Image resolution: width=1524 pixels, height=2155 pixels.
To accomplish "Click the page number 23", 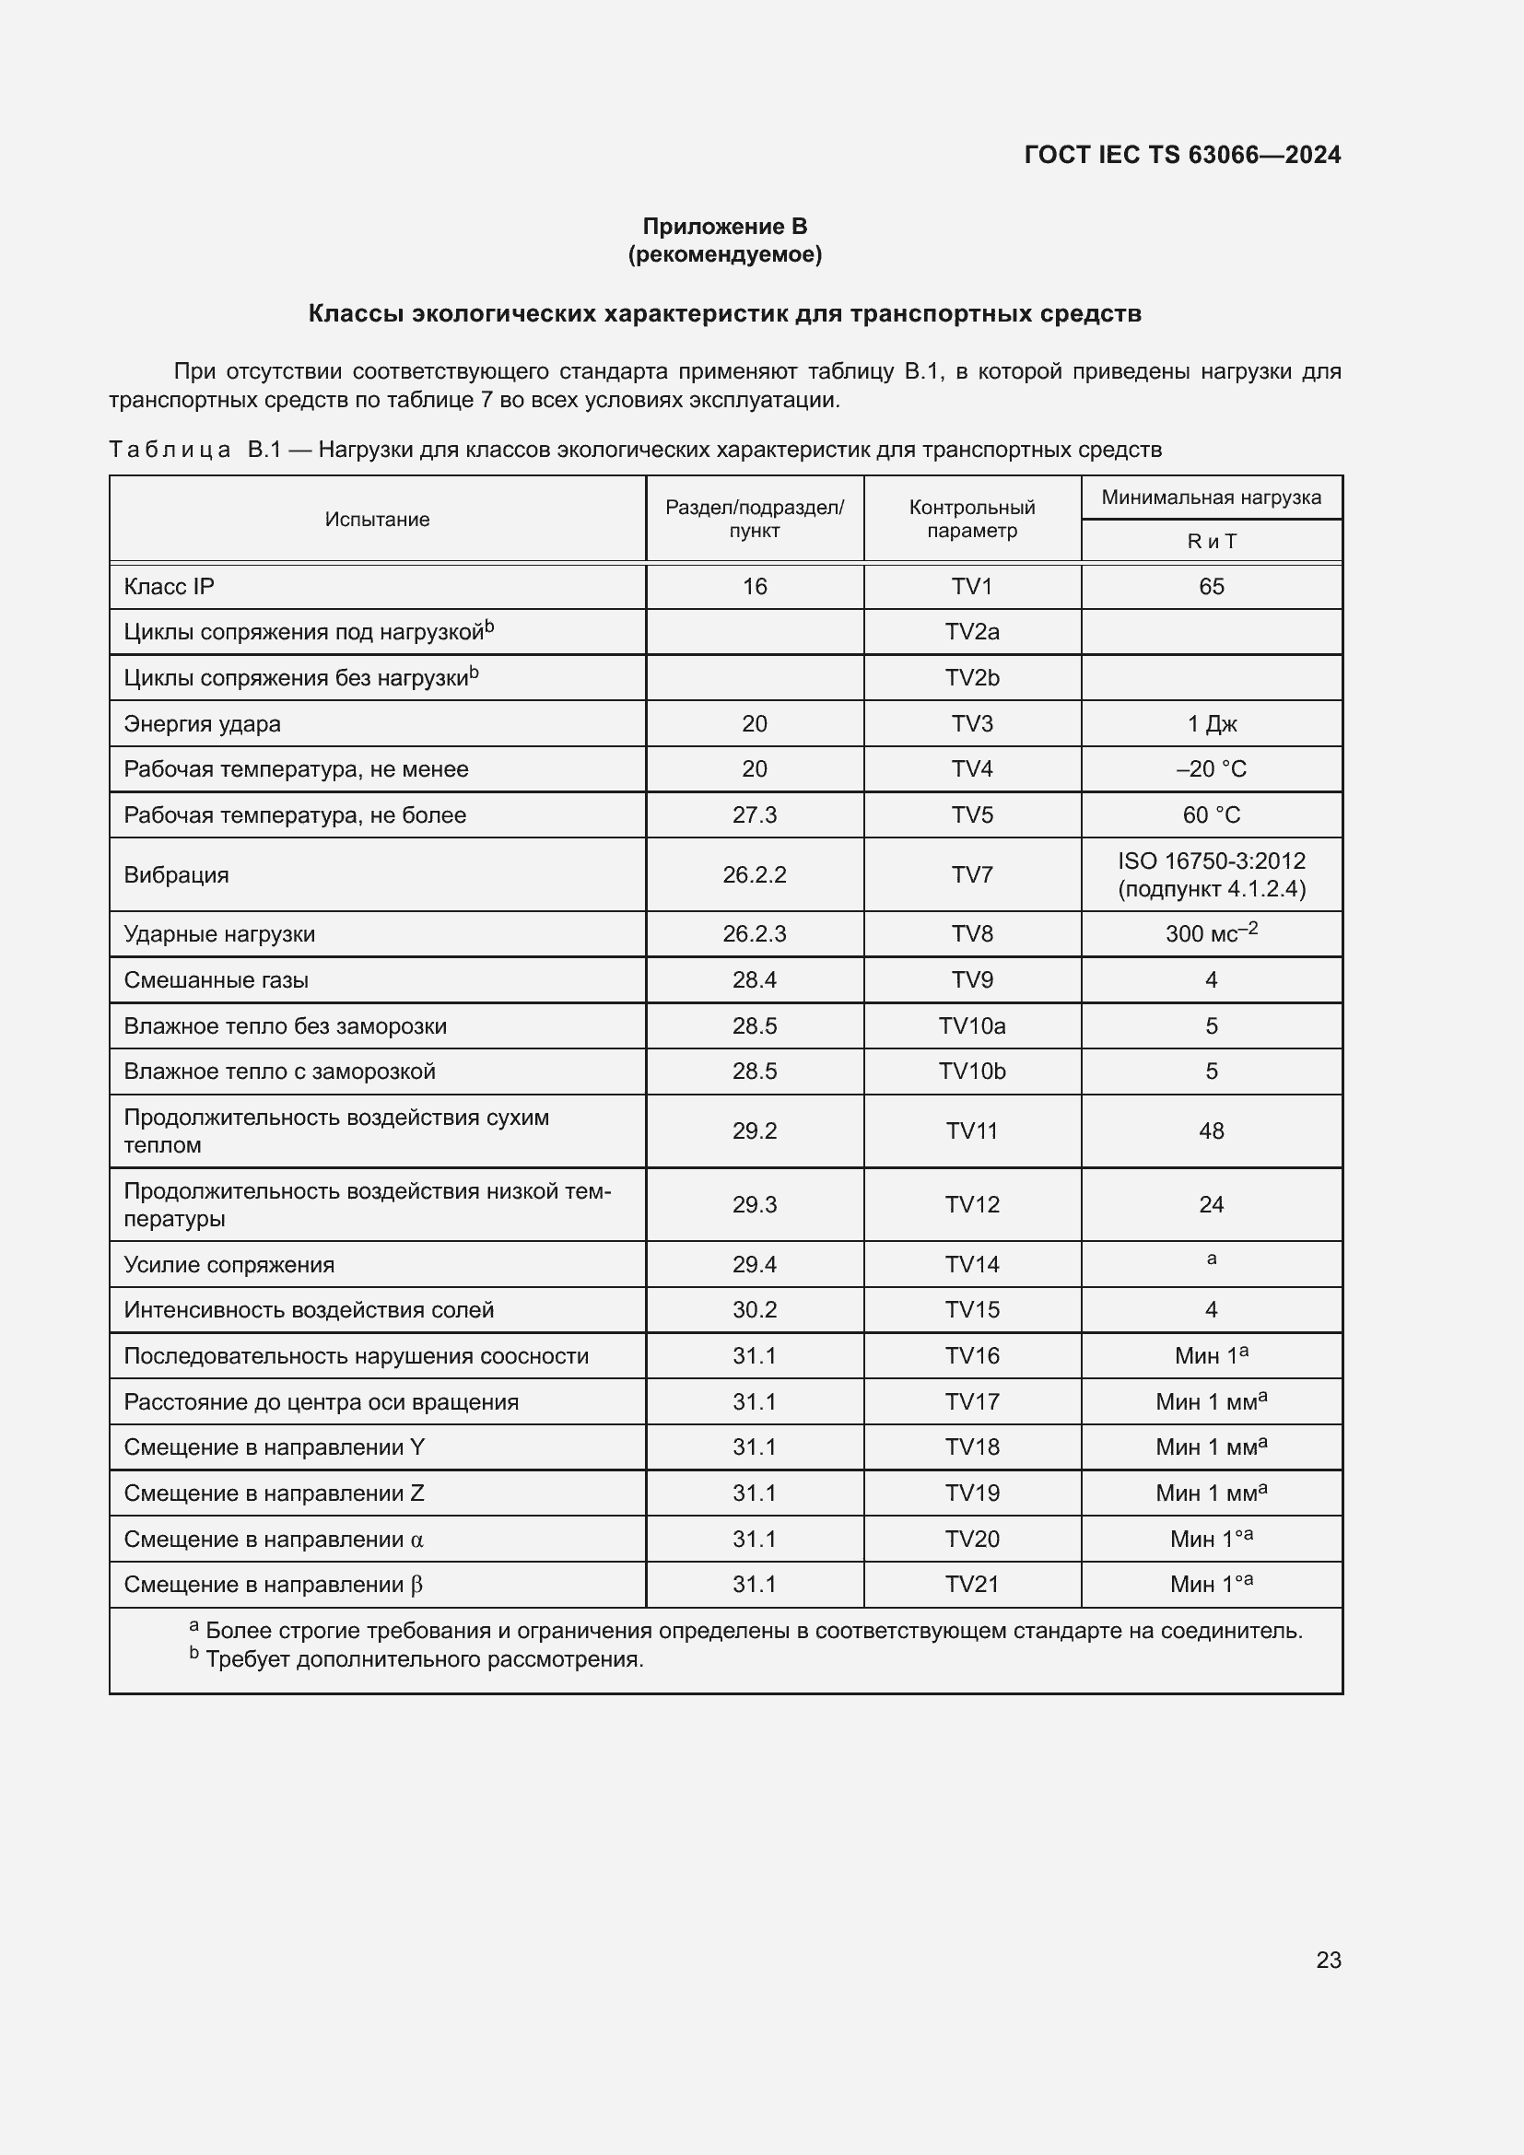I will pyautogui.click(x=1328, y=1960).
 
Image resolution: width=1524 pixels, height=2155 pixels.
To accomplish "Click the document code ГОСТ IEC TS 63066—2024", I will pyautogui.click(x=1181, y=155).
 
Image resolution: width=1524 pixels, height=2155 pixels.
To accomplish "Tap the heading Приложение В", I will pyautogui.click(x=724, y=227).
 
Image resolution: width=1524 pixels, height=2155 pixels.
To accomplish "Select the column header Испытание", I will pyautogui.click(x=377, y=519).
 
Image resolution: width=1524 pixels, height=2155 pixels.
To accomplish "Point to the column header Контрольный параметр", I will pyautogui.click(x=971, y=519).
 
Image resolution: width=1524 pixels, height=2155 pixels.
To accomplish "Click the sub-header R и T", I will pyautogui.click(x=1211, y=542).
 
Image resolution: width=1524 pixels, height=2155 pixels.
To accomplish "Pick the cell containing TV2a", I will pyautogui.click(x=971, y=632).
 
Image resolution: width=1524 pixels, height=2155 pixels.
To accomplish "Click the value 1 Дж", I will pyautogui.click(x=1211, y=723).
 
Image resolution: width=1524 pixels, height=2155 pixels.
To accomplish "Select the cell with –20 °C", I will pyautogui.click(x=1211, y=768).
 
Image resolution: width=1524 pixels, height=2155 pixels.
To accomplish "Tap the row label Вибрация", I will pyautogui.click(x=176, y=874).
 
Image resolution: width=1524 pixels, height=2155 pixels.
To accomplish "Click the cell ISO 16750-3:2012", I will pyautogui.click(x=1211, y=861).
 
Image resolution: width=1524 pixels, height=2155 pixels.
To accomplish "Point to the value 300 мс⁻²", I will pyautogui.click(x=1211, y=934).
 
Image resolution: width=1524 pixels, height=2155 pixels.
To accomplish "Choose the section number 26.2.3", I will pyautogui.click(x=755, y=934).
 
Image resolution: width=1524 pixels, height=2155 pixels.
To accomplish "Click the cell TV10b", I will pyautogui.click(x=971, y=1071).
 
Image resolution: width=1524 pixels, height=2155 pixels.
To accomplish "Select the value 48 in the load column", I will pyautogui.click(x=1211, y=1131).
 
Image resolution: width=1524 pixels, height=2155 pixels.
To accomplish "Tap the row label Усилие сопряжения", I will pyautogui.click(x=229, y=1264).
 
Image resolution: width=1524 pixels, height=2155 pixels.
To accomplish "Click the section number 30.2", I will pyautogui.click(x=755, y=1309).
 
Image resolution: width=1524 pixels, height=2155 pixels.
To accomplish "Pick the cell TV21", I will pyautogui.click(x=971, y=1585).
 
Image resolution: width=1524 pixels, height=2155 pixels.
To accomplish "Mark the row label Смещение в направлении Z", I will pyautogui.click(x=274, y=1493).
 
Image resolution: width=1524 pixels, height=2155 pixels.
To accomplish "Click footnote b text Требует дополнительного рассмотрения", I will pyautogui.click(x=424, y=1659).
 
